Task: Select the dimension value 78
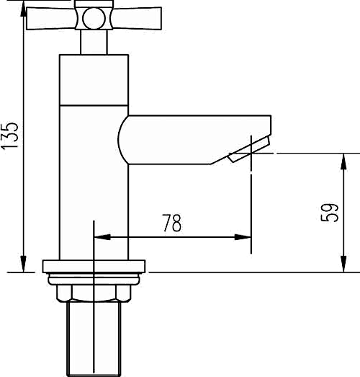tap(171, 224)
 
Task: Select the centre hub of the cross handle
tap(93, 17)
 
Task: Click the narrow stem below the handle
tap(93, 43)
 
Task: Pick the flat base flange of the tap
tap(94, 265)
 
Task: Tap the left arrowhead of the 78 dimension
tap(100, 236)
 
